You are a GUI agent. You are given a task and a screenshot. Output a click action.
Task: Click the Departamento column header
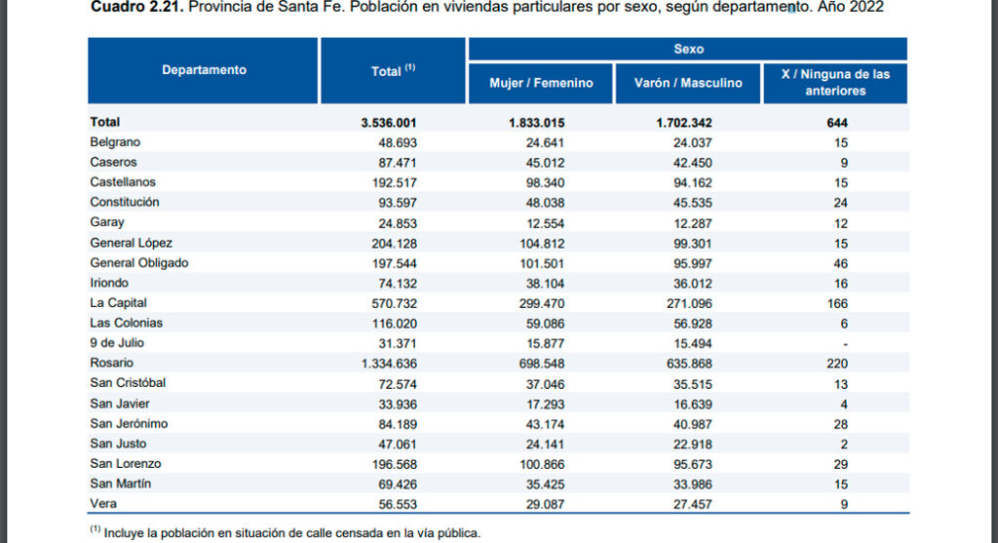204,70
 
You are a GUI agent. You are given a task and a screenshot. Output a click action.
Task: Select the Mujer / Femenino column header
541,83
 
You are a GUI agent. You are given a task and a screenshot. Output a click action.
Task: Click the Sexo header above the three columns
688,49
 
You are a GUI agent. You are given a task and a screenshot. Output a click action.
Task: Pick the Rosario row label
111,364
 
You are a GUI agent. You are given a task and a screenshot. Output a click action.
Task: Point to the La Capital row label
118,303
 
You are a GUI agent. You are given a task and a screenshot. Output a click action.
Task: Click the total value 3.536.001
389,122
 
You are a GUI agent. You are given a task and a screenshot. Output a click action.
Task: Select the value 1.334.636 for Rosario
389,364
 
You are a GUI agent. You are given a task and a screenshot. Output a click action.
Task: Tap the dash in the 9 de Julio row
844,344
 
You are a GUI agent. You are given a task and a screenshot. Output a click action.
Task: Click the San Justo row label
118,444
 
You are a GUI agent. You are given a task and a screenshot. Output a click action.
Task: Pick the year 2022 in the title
867,8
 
